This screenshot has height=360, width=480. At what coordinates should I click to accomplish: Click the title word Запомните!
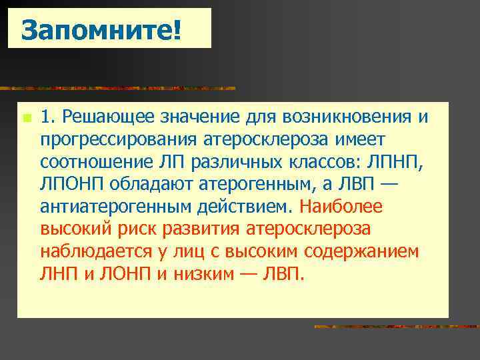[101, 29]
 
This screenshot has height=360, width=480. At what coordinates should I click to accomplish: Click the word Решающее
[107, 118]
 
